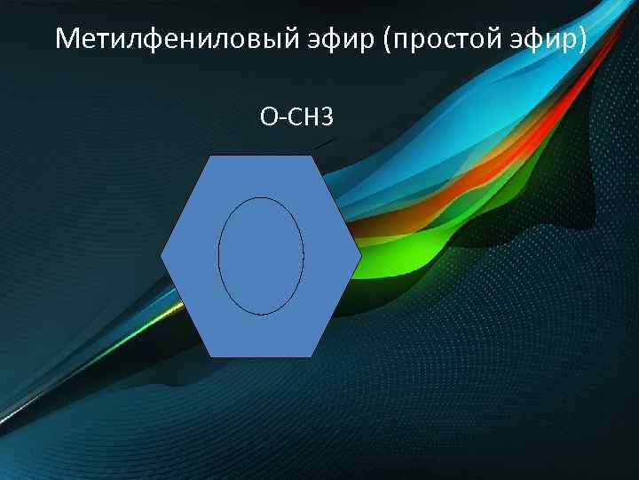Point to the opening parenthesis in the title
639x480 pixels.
pos(390,40)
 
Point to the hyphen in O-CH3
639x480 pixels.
pos(281,117)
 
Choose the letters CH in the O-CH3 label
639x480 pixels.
pos(303,116)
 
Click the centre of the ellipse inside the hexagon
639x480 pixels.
pos(261,256)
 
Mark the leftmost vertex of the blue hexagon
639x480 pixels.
pos(161,256)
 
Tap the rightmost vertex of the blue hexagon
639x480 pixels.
pos(362,256)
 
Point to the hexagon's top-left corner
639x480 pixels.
pos(209,156)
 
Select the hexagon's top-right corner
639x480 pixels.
pos(313,156)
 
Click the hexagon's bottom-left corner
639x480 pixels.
pos(209,357)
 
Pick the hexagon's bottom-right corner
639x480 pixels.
pos(313,357)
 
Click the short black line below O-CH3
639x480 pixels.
pos(324,143)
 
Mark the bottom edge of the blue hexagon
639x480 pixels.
pos(261,357)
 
